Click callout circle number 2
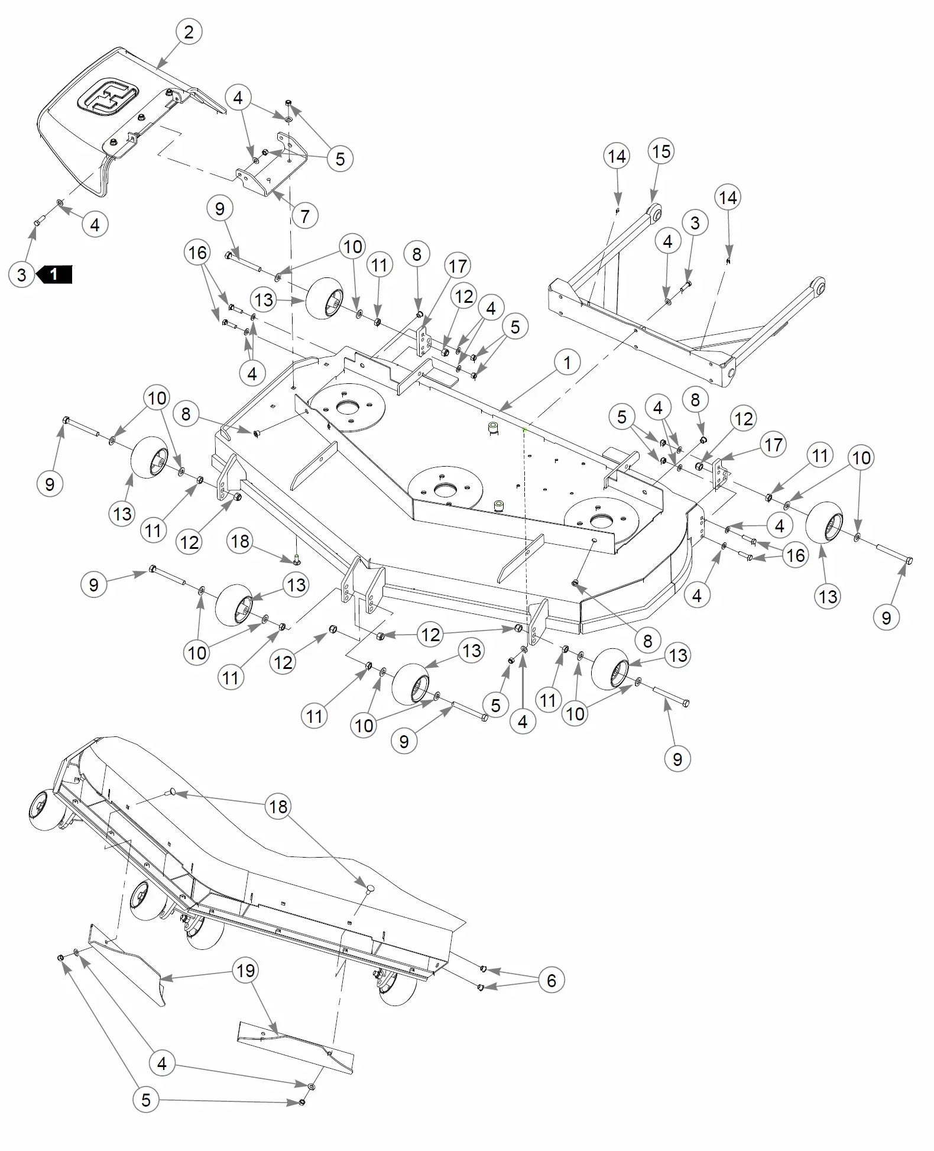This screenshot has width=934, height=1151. point(189,31)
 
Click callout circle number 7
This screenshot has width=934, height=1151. point(304,216)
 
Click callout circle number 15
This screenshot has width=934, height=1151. point(661,151)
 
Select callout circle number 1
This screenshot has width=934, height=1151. point(567,362)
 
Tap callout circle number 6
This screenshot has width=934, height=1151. point(551,980)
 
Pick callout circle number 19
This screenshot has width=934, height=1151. point(245,971)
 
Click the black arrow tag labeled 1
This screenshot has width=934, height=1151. point(54,274)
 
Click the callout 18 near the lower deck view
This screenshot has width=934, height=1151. point(278,806)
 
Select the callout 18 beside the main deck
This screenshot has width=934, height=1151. point(240,541)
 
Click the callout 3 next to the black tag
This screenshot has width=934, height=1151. point(22,274)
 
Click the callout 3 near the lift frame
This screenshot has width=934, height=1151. point(695,223)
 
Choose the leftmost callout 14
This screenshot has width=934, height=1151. point(617,157)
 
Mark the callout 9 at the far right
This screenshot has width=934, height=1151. point(886,617)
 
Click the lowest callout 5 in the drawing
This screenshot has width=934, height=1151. point(145,1100)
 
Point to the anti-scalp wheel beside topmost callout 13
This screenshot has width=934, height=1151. point(324,298)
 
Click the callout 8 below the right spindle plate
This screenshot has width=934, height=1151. point(647,640)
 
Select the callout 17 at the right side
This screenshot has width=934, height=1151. point(773,445)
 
